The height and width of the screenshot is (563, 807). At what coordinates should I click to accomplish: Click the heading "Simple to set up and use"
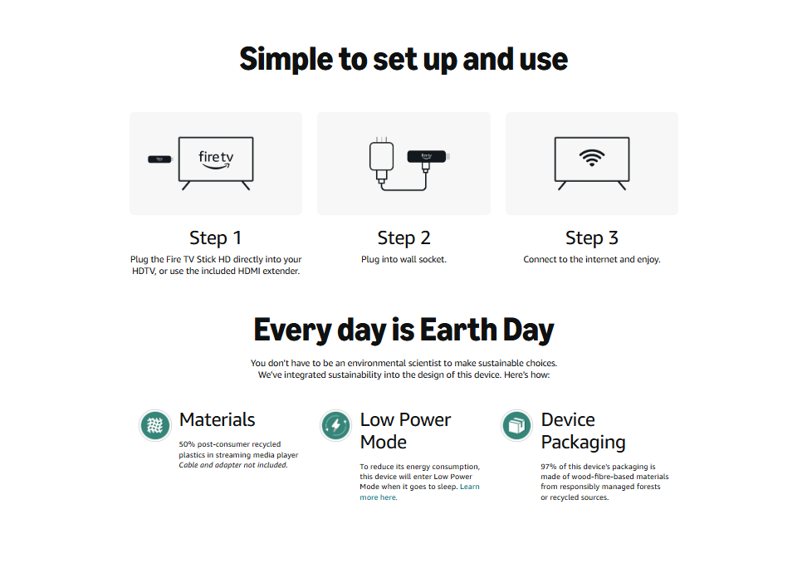point(403,59)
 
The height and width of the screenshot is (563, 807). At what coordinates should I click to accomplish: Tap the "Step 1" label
point(216,237)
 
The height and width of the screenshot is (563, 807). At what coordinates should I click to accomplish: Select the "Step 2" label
point(403,237)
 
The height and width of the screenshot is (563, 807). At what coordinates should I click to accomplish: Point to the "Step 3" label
point(592,237)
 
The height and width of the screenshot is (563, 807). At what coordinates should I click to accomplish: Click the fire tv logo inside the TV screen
point(216,159)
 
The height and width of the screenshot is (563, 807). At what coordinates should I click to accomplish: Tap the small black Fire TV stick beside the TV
point(159,159)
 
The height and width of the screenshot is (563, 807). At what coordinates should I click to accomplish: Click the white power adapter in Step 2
point(381,156)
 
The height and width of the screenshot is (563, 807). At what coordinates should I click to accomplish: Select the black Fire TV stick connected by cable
point(428,156)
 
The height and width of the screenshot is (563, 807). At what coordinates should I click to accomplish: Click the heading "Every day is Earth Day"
point(403,330)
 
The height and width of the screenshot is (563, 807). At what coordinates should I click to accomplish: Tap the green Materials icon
point(155,426)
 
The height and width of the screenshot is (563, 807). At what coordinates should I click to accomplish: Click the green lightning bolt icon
point(336,426)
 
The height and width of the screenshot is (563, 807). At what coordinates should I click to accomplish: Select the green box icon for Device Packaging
point(516,426)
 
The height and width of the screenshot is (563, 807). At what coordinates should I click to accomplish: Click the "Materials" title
point(218,419)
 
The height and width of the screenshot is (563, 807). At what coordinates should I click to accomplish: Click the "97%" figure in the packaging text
point(549,466)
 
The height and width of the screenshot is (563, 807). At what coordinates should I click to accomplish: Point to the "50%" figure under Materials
point(187,444)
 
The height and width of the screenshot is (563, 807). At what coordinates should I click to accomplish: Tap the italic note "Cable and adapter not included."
point(233,465)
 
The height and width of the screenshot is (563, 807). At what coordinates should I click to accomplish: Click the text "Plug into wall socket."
point(403,259)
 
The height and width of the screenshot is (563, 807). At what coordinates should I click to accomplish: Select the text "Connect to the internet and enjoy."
point(592,259)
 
